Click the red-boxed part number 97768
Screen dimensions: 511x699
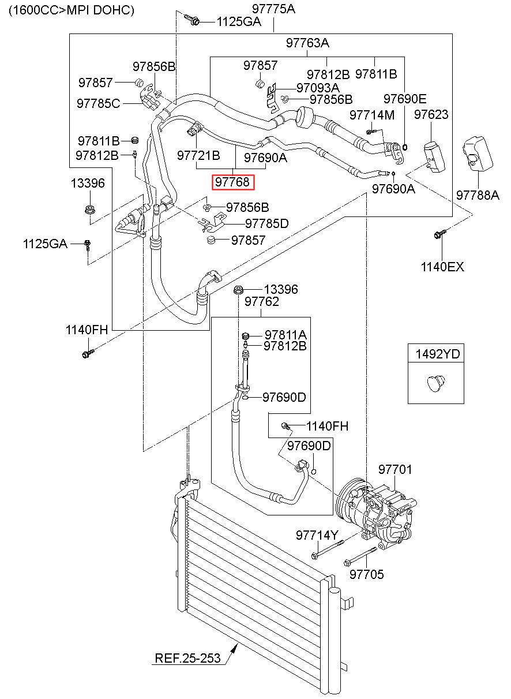click(x=233, y=182)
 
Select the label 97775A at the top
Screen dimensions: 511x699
click(x=273, y=9)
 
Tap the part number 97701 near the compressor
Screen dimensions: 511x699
click(x=395, y=469)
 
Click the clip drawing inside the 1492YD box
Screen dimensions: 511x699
click(x=435, y=384)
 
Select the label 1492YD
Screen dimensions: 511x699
click(x=437, y=354)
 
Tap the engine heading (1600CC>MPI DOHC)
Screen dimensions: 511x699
click(x=72, y=10)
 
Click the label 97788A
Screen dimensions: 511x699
click(x=478, y=195)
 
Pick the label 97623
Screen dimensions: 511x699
click(x=431, y=114)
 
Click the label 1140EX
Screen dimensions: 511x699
click(x=442, y=267)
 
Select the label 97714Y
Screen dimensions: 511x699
click(x=317, y=536)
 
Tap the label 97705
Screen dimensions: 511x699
click(x=367, y=574)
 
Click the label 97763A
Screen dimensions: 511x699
click(x=307, y=43)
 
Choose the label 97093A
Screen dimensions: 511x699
click(x=318, y=88)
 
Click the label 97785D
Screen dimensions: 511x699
click(x=267, y=223)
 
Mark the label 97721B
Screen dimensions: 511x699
click(x=198, y=155)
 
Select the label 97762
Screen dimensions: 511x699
click(x=262, y=301)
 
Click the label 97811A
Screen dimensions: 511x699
click(x=285, y=335)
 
